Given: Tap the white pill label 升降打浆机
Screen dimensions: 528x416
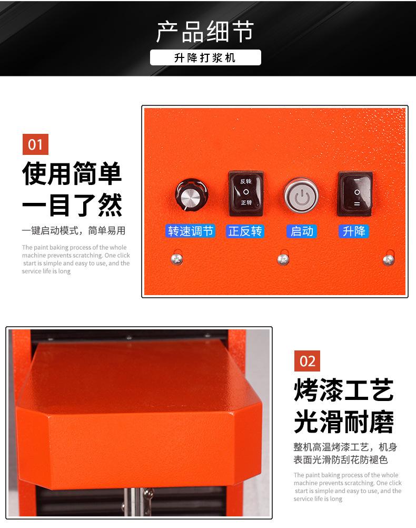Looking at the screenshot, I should point(205,58).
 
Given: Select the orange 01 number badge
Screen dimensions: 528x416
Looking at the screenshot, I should point(35,144).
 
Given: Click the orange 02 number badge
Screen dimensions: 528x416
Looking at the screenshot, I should point(307,361).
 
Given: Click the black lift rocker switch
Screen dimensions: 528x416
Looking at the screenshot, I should point(354,193).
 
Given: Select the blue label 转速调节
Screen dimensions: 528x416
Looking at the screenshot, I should point(190,231).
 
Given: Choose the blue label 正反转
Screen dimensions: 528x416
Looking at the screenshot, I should point(245,231).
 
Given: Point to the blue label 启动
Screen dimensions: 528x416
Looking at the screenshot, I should point(302,231).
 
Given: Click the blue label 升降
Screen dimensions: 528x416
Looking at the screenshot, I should point(354,231).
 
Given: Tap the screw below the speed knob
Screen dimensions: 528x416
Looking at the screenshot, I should point(177,259).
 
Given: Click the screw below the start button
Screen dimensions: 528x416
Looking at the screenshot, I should point(283,259).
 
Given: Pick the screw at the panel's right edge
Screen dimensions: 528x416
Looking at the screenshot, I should point(389,259).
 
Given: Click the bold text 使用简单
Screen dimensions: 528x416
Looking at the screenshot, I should point(72,174).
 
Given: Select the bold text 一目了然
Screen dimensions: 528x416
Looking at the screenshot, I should point(72,205).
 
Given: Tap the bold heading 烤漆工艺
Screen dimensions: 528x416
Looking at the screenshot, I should point(344,391).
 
